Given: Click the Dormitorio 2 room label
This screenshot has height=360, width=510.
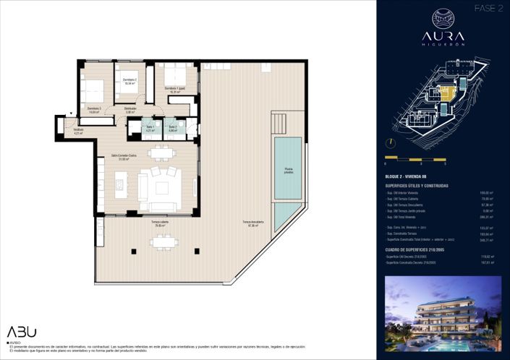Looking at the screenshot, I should coord(129,82).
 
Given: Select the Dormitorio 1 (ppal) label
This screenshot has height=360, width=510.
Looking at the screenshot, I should coord(175,90).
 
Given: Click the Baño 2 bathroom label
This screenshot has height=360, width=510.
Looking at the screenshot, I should coord(173,129).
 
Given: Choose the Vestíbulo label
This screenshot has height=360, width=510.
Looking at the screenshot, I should coord(78,131).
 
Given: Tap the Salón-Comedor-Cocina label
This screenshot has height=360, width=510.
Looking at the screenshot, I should coord(120,158).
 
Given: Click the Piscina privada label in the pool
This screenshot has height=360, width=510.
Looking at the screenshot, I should coord(289,170).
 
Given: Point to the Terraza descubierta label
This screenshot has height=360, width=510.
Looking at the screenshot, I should coord(251,223).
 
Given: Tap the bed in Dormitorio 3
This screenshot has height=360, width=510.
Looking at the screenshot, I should coord(93,93).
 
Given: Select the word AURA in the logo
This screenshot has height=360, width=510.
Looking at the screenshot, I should coord(442,35).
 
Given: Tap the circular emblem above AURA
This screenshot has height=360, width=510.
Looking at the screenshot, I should coord(442,17).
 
